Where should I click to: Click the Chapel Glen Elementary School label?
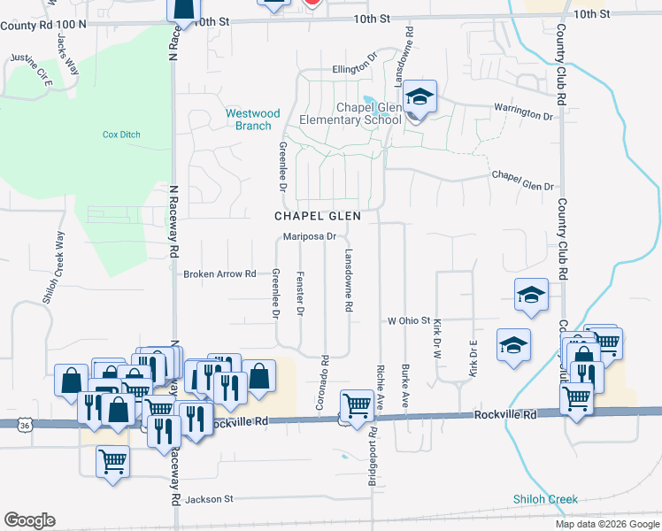pyautogui.click(x=350, y=113)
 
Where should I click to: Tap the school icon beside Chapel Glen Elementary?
pyautogui.click(x=420, y=97)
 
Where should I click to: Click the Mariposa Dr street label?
pyautogui.click(x=310, y=236)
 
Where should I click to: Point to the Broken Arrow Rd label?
pyautogui.click(x=219, y=274)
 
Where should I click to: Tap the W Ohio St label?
pyautogui.click(x=408, y=320)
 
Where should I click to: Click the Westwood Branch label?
pyautogui.click(x=252, y=119)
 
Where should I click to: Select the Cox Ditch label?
pyautogui.click(x=121, y=135)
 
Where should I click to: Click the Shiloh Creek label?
pyautogui.click(x=545, y=499)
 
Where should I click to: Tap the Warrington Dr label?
pyautogui.click(x=522, y=113)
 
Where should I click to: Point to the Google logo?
pyautogui.click(x=29, y=520)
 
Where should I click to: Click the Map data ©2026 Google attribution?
pyautogui.click(x=606, y=524)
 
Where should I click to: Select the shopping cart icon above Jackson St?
pyautogui.click(x=113, y=461)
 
